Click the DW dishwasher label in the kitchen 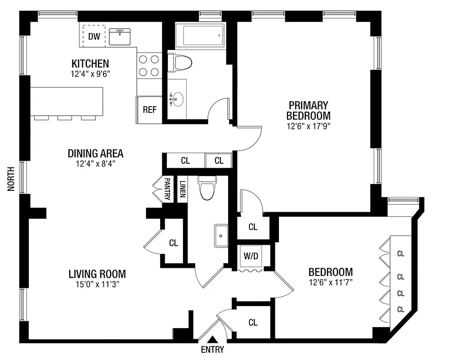(94, 36)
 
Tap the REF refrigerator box (150, 109)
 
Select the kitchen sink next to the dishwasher (120, 36)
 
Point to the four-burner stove (149, 65)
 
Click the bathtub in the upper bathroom (199, 35)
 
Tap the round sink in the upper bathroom (177, 99)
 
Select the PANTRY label (167, 189)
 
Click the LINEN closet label (182, 189)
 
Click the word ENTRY (212, 350)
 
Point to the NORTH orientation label (11, 179)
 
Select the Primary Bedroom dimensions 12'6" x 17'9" (309, 126)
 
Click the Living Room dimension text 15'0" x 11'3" (97, 284)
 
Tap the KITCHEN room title (90, 63)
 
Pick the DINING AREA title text (95, 153)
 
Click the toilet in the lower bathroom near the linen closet (207, 188)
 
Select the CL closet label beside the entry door (253, 322)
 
